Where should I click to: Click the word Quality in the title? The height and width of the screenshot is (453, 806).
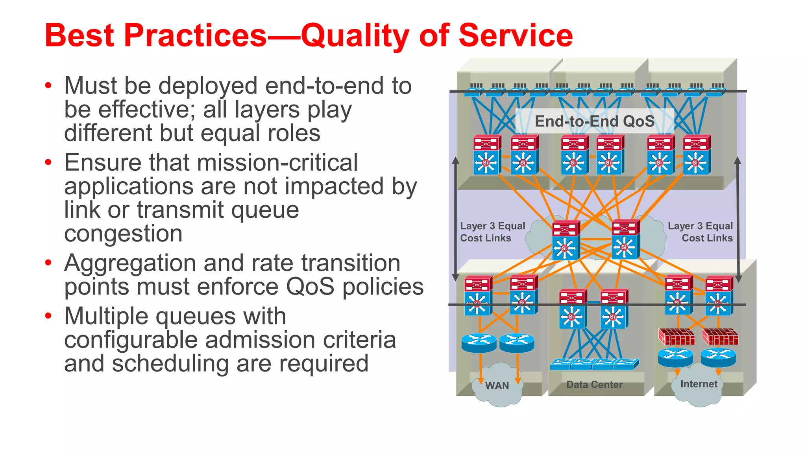(x=355, y=35)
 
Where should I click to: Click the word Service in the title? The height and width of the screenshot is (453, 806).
(x=516, y=35)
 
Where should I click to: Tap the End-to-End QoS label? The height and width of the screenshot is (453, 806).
(x=594, y=121)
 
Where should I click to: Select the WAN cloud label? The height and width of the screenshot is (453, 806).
(x=497, y=386)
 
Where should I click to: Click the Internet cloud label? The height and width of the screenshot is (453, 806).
(x=699, y=384)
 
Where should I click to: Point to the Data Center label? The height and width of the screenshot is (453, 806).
(x=594, y=385)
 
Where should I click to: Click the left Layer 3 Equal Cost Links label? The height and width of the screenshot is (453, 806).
(x=492, y=232)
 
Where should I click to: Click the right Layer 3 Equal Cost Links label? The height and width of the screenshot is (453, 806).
(x=701, y=232)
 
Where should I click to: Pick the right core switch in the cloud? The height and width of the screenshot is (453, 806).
(x=625, y=239)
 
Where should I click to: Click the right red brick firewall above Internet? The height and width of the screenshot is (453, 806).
(x=720, y=337)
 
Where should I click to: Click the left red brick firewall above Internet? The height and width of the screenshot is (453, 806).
(x=677, y=337)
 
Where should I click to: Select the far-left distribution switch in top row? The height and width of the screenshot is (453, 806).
(x=487, y=155)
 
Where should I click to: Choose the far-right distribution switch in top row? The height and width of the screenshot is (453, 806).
(x=697, y=155)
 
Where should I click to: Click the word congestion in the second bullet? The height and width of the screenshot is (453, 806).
(x=123, y=234)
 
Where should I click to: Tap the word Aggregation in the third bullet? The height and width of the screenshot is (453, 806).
(x=130, y=263)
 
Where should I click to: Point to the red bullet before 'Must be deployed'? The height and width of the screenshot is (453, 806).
(x=48, y=86)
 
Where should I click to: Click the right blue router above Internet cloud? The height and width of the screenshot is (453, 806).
(x=718, y=357)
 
